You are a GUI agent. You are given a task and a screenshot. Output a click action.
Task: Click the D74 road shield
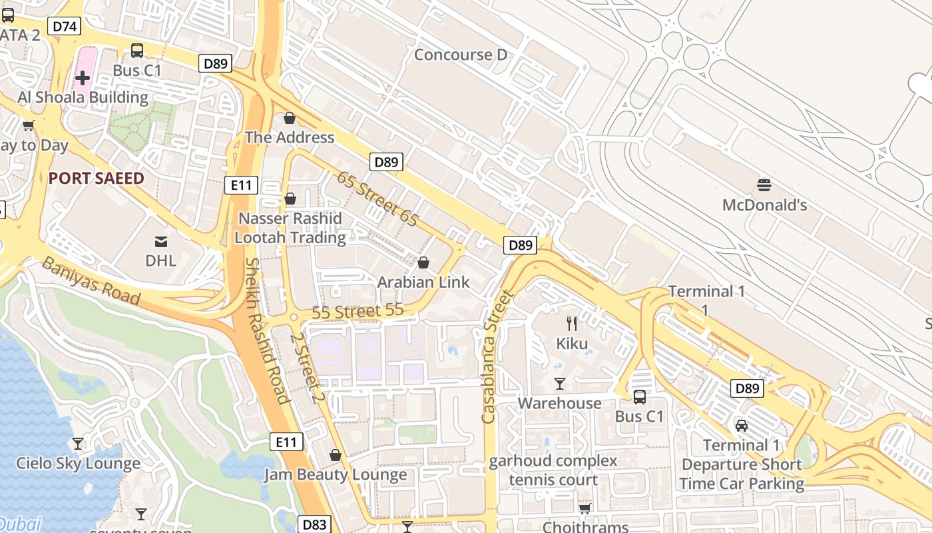point(66,26)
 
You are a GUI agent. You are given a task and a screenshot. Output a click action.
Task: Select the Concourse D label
point(461,55)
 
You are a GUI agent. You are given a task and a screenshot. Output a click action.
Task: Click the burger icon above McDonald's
point(764,185)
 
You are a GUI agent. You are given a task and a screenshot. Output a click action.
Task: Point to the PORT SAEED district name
point(96,178)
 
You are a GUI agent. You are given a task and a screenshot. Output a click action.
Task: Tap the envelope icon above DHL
point(161,241)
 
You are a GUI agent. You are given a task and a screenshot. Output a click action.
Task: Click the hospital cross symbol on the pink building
point(83,78)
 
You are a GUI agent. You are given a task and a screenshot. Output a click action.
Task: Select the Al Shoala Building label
point(83,97)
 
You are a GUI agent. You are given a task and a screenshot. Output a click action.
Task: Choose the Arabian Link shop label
point(423,282)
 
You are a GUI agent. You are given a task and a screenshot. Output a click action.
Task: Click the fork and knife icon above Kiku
point(572,324)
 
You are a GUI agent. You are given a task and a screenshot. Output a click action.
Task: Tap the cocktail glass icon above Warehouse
point(560,384)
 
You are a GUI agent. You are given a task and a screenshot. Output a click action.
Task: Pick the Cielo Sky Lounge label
point(79,463)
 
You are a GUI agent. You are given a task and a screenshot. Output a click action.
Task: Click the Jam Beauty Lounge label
point(336,474)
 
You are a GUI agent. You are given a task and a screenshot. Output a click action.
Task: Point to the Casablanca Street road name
point(498,356)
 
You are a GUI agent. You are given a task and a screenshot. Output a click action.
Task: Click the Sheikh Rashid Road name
point(266,331)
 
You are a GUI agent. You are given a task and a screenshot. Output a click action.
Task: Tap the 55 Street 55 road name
point(358,310)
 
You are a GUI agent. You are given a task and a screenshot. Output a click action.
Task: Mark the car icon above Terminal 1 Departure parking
point(741,425)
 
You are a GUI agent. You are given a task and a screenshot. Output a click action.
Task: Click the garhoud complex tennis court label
point(553,470)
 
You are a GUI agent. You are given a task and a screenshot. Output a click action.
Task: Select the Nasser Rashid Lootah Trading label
point(290,228)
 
